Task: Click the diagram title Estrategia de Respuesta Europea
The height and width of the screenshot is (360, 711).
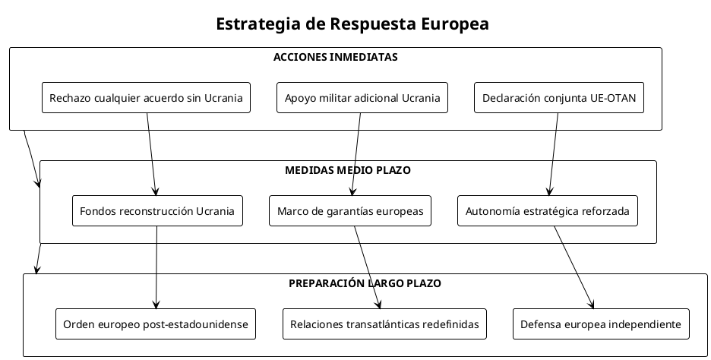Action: point(352,24)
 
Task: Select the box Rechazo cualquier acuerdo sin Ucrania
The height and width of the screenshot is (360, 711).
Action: point(146,98)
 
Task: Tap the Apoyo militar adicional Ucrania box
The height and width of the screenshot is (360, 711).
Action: point(362,98)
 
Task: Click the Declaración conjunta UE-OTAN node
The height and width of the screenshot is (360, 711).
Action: point(559,98)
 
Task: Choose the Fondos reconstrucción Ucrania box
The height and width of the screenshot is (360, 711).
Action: point(157,211)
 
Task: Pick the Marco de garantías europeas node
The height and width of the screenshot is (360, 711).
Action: point(350,211)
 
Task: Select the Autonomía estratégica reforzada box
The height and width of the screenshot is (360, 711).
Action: point(547,211)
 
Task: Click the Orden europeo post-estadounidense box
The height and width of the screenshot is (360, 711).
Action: point(156,324)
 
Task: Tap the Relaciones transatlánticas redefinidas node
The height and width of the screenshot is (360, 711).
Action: point(384,324)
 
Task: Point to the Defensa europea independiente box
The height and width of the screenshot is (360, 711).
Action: point(601,324)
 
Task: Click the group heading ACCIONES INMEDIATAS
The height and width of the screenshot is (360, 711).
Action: point(335,57)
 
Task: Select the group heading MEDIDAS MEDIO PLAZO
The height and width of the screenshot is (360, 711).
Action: point(347,170)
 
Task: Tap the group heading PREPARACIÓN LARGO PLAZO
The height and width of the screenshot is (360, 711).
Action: point(365,283)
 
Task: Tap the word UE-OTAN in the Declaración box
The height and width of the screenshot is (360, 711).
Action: point(613,98)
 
